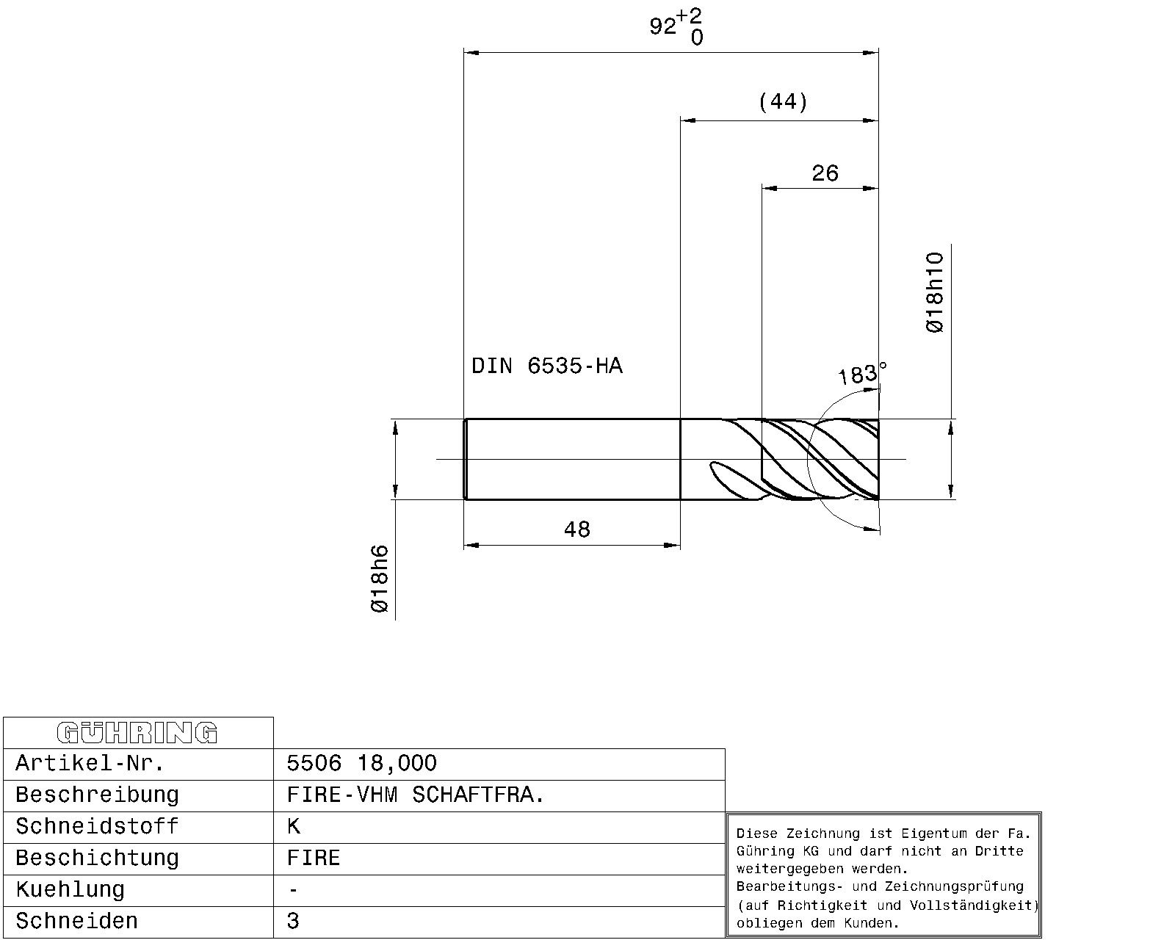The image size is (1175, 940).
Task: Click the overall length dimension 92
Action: click(x=662, y=26)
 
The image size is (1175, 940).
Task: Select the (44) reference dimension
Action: click(x=783, y=101)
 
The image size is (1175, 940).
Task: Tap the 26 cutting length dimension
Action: click(x=825, y=173)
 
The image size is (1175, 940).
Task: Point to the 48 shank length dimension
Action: click(x=576, y=529)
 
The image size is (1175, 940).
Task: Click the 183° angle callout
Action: click(x=861, y=374)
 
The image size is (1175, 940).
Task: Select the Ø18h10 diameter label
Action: click(x=935, y=292)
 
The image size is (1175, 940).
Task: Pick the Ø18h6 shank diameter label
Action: click(x=380, y=579)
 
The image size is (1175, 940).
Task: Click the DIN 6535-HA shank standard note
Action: click(x=546, y=366)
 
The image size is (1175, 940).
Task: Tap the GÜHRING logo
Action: click(x=137, y=732)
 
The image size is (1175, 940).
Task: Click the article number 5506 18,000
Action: click(x=361, y=763)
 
